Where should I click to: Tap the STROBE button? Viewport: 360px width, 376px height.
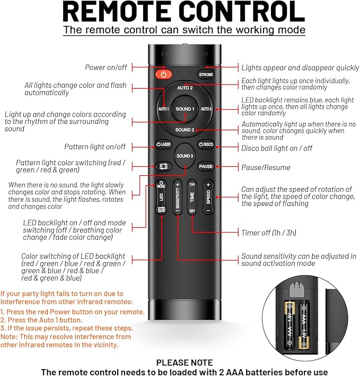click(206, 74)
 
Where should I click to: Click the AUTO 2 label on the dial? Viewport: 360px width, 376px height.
click(185, 88)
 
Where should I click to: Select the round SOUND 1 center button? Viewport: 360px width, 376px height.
click(185, 109)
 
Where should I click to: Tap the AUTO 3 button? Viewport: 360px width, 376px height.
click(206, 109)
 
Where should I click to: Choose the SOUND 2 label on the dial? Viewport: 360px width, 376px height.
click(185, 130)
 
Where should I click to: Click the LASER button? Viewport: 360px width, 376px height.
click(163, 145)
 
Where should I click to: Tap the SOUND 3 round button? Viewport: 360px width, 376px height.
click(185, 156)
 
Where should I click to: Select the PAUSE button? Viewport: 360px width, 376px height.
click(206, 166)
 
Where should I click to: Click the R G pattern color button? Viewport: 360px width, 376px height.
click(163, 166)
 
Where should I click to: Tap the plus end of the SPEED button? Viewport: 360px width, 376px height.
click(208, 185)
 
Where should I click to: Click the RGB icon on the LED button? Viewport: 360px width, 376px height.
click(161, 209)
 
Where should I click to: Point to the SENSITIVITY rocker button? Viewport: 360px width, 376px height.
click(178, 197)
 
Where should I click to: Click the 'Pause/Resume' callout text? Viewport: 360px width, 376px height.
click(266, 167)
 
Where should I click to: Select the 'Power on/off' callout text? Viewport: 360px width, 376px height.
click(106, 67)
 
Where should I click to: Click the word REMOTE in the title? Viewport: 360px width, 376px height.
click(115, 12)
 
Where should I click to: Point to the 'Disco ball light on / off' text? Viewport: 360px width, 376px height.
click(277, 148)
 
